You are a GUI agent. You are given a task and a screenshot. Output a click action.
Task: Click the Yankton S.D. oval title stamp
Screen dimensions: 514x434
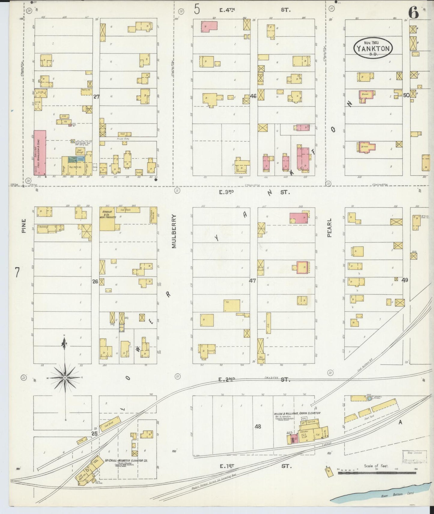(x=373, y=47)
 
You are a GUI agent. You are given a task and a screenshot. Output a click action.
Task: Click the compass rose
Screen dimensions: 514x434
(x=65, y=378)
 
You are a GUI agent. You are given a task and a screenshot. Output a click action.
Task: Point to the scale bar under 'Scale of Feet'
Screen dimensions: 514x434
(x=377, y=473)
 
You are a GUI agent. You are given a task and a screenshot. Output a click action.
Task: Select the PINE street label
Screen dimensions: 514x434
(x=24, y=225)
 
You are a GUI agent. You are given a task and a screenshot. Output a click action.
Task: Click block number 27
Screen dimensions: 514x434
(x=96, y=97)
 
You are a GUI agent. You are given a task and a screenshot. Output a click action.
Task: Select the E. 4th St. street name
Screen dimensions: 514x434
(x=227, y=10)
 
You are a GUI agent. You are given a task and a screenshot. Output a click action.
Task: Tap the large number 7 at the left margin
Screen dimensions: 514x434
(x=17, y=272)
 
